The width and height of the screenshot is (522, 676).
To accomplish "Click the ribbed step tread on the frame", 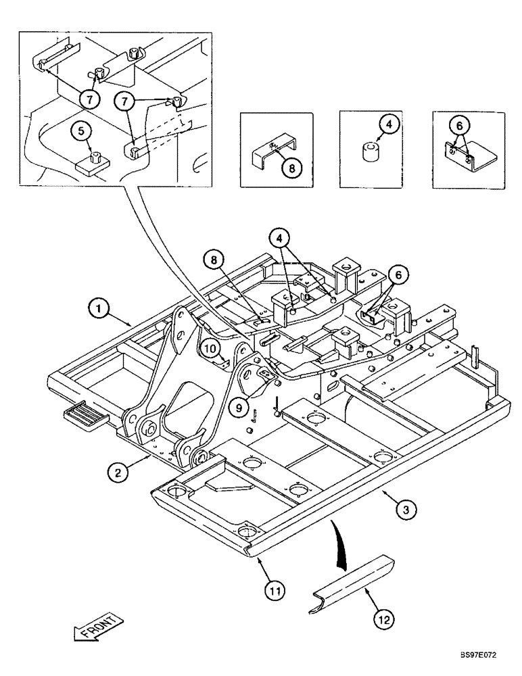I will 84,416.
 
